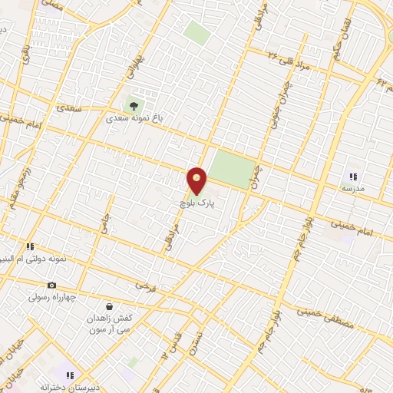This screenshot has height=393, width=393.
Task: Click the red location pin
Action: click(197, 181)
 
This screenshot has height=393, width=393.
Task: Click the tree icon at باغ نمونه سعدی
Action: click(136, 105)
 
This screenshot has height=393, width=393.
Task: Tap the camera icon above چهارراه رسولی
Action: click(52, 285)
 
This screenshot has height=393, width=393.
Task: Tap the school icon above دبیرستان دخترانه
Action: click(70, 375)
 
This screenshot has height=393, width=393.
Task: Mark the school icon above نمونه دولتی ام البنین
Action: click(31, 246)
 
